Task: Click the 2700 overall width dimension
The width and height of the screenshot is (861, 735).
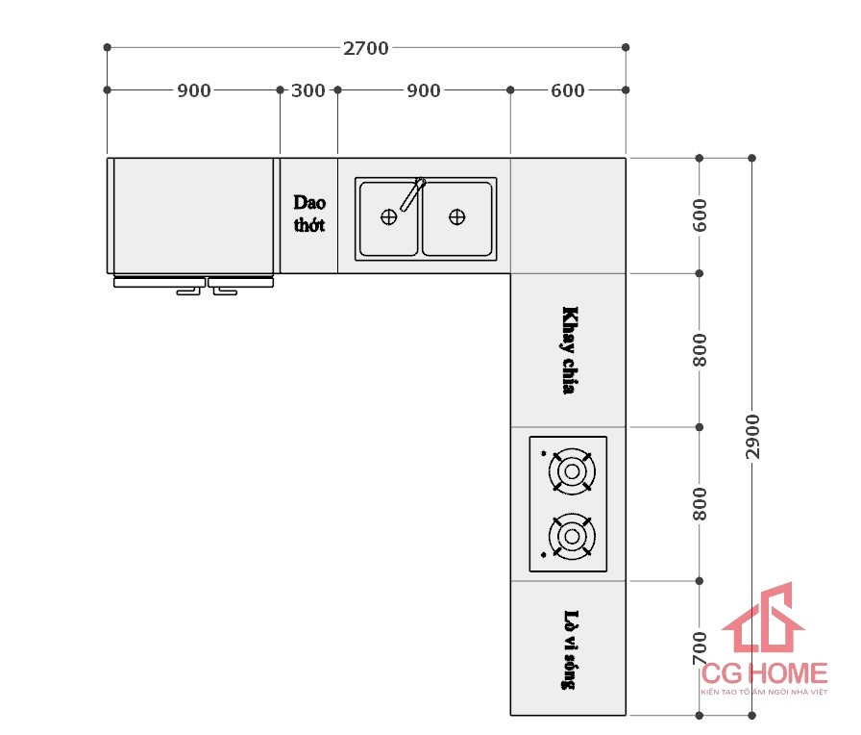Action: tap(366, 48)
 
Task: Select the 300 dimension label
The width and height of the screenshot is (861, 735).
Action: tap(307, 90)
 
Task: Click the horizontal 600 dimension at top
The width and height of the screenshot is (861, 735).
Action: tap(567, 90)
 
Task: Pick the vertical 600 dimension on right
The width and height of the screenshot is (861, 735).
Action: tap(700, 215)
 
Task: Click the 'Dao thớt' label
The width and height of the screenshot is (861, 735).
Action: tap(309, 214)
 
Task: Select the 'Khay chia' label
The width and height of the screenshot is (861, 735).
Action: tap(570, 350)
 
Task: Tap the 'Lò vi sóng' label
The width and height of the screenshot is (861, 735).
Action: tap(569, 648)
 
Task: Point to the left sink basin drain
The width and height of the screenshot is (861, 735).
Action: tap(388, 217)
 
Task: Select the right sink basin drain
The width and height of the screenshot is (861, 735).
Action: tap(457, 217)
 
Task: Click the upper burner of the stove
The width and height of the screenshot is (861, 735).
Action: tap(571, 470)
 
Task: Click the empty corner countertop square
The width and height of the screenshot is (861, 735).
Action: tap(568, 215)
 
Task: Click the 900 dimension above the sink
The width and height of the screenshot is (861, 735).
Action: tap(424, 90)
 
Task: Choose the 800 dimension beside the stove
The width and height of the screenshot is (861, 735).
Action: tap(700, 503)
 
